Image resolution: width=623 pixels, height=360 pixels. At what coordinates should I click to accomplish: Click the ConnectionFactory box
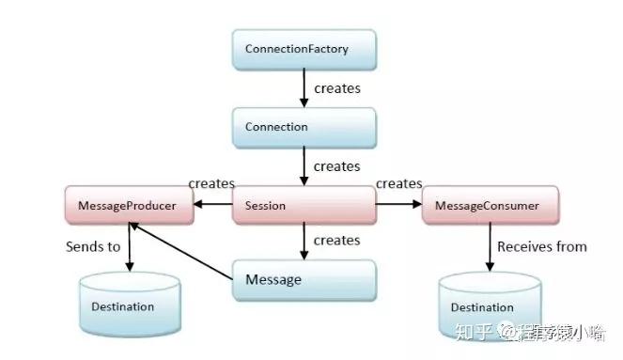(304, 48)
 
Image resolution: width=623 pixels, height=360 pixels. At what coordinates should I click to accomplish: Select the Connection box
(304, 127)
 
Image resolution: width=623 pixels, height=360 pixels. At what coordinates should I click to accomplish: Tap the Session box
(304, 205)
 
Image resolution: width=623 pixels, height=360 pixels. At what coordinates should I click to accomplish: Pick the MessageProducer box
(129, 205)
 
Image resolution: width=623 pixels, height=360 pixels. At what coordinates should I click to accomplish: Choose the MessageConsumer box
(491, 205)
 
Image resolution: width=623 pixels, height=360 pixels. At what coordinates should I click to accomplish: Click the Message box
(304, 280)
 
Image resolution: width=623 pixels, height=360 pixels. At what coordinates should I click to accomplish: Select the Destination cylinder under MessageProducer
(129, 306)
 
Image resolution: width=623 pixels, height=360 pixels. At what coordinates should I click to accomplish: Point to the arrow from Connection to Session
(304, 166)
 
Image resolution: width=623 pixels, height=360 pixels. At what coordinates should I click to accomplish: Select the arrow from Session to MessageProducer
(213, 205)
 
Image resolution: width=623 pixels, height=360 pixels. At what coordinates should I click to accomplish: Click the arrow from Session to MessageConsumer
(398, 205)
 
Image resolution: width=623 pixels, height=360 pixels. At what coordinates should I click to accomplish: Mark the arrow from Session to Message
(304, 242)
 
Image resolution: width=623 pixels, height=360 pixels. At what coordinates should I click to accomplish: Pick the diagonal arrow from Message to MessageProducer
(182, 249)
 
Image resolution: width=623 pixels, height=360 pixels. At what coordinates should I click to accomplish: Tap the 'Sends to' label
(93, 247)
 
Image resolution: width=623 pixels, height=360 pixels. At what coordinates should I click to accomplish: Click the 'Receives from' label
(541, 246)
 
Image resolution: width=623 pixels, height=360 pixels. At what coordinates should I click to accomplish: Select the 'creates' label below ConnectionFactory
(336, 88)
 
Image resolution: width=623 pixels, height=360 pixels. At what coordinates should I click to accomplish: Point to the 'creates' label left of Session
(211, 182)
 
